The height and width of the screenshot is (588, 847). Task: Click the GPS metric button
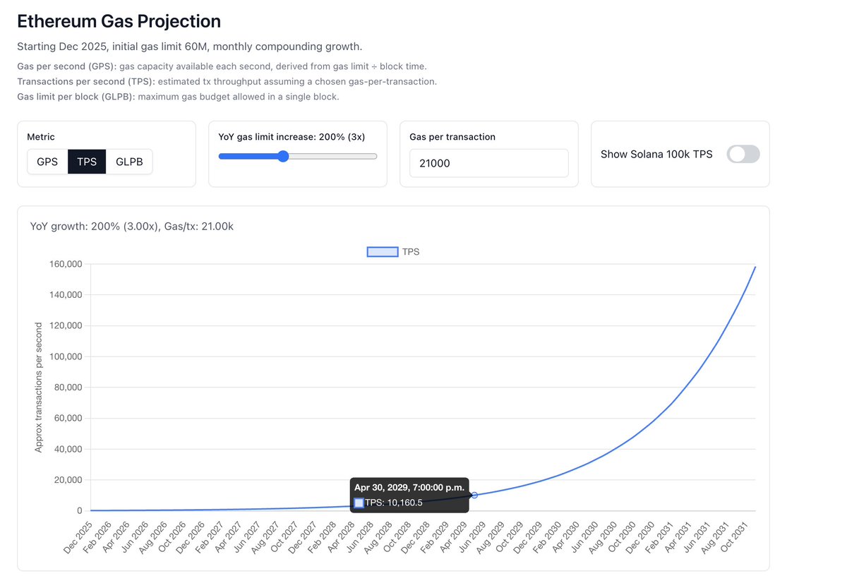tap(47, 162)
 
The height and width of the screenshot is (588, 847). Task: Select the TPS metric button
tap(87, 162)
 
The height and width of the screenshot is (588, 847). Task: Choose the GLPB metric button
tap(129, 162)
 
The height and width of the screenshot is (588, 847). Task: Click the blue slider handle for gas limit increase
tap(283, 156)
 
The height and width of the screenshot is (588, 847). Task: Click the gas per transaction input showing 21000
tap(488, 163)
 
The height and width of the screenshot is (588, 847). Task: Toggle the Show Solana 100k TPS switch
tap(743, 154)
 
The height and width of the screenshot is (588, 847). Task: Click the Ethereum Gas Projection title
tap(119, 21)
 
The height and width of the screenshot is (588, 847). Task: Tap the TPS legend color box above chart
tap(382, 251)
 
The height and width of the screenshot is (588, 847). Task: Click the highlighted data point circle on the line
tap(474, 495)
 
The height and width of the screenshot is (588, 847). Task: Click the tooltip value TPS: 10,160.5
tap(393, 503)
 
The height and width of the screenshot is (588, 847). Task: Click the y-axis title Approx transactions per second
tap(39, 387)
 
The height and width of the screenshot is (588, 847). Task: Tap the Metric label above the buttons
tap(41, 136)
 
